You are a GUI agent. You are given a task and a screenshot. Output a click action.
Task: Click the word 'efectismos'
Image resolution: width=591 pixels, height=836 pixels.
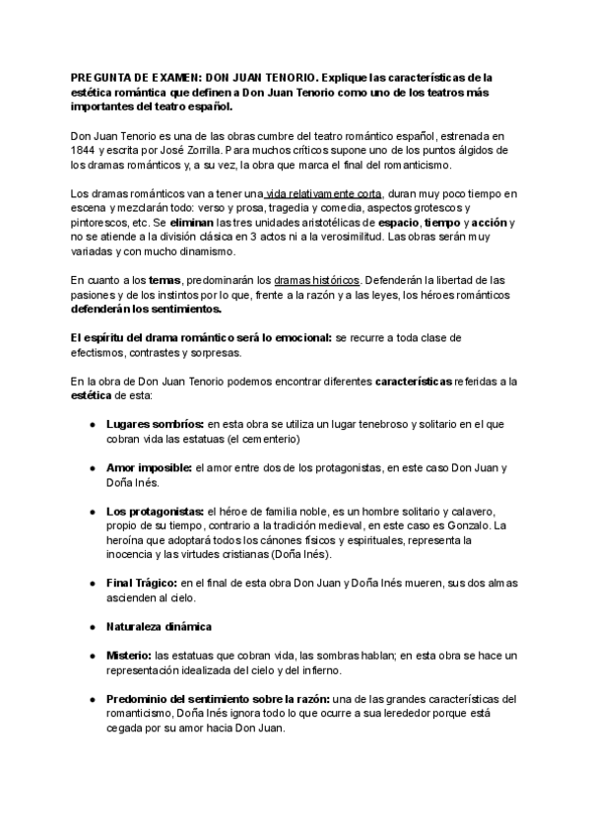tap(102, 353)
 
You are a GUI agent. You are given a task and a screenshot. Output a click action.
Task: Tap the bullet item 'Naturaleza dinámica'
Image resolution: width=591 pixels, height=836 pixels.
tap(160, 627)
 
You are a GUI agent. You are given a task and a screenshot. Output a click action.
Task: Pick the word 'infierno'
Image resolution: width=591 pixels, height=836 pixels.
tap(314, 670)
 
